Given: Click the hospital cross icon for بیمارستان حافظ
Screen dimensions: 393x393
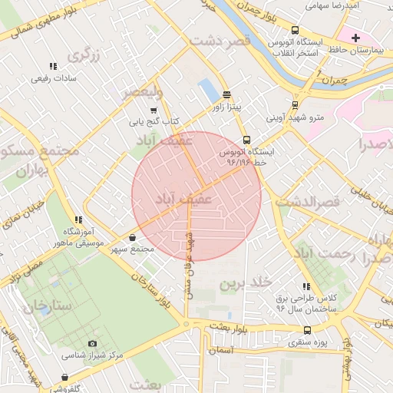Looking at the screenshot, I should pos(355,38).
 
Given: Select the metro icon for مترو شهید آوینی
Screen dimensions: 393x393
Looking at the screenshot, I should pos(295,105).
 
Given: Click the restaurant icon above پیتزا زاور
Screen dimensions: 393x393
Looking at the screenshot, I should pos(227,94).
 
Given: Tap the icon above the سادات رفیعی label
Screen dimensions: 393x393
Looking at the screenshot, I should pos(52,67).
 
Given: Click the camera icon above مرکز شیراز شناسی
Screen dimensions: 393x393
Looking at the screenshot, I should pos(93,343).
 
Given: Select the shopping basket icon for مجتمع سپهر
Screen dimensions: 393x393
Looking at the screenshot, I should pos(134,238).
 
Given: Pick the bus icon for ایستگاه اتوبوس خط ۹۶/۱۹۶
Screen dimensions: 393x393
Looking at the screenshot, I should pos(246,140).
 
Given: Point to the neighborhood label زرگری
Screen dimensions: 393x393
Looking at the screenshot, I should pos(84,55).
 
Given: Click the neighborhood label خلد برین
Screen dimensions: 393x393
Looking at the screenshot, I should pos(246,283).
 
